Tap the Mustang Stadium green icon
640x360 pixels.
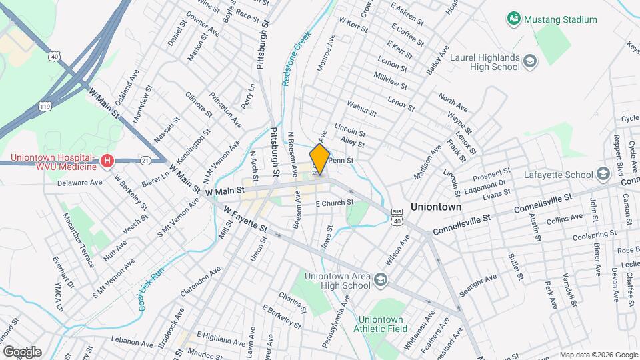point(513,19)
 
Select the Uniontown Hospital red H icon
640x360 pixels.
point(106,161)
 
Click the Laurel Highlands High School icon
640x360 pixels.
point(530,62)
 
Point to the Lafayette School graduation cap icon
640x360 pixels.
point(604,175)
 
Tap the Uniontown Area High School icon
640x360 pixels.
point(380,279)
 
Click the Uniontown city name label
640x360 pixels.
point(436,207)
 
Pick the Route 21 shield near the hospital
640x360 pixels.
point(145,160)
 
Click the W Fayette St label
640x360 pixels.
point(245,221)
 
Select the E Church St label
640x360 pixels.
point(334,203)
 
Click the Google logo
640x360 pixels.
point(22,351)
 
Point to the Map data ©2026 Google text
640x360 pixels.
point(598,355)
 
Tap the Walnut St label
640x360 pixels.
point(362,110)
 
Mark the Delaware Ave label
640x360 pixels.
point(79,182)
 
